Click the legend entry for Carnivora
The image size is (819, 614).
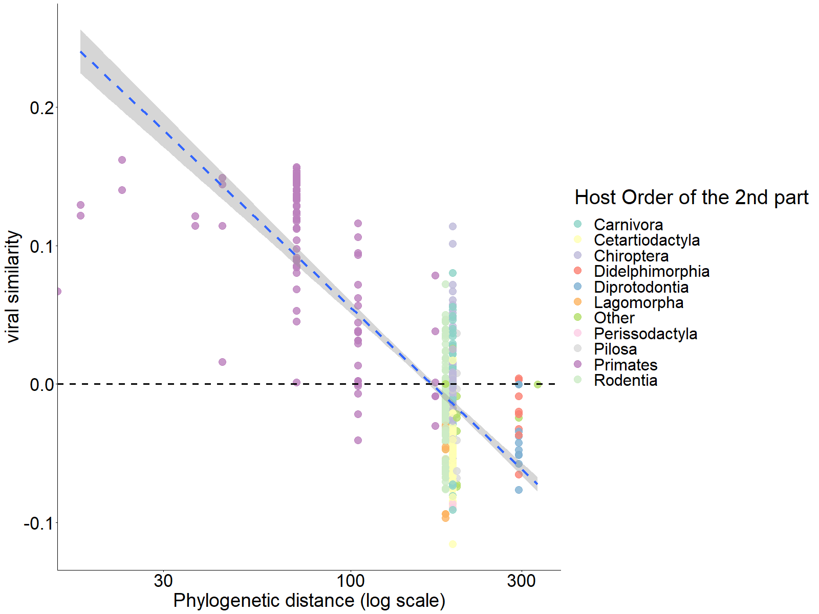[x=628, y=225]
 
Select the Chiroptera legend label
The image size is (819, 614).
[x=631, y=256]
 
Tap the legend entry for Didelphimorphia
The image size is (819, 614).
[x=651, y=271]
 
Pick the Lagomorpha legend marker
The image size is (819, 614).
[x=578, y=302]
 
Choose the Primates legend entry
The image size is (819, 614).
[x=625, y=365]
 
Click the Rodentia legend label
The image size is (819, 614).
[x=626, y=380]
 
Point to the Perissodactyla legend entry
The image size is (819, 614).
[x=645, y=334]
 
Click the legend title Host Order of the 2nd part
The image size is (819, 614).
[x=691, y=197]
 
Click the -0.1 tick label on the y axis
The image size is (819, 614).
[x=39, y=523]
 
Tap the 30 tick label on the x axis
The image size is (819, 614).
[x=163, y=581]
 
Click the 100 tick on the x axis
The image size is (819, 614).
[x=351, y=581]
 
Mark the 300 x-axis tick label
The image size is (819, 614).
[x=521, y=581]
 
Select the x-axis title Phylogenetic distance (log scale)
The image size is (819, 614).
[x=309, y=601]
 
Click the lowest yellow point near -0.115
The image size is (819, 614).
[x=452, y=544]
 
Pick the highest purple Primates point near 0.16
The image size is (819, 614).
[x=122, y=160]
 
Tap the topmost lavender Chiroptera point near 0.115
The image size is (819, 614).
[x=452, y=226]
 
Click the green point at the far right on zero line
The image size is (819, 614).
[x=537, y=384]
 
